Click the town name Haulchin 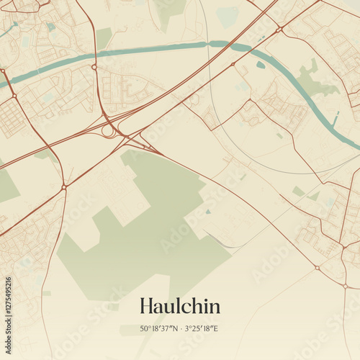tap(179, 305)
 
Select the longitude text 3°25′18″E tap(201, 329)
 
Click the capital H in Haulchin tap(146, 305)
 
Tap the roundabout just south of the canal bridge tap(94, 67)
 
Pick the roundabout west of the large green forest tap(64, 187)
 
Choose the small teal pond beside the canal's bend tap(260, 65)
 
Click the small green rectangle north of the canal tap(104, 36)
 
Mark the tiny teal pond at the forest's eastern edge tap(208, 212)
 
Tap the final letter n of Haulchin tap(215, 307)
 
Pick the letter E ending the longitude tap(215, 329)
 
